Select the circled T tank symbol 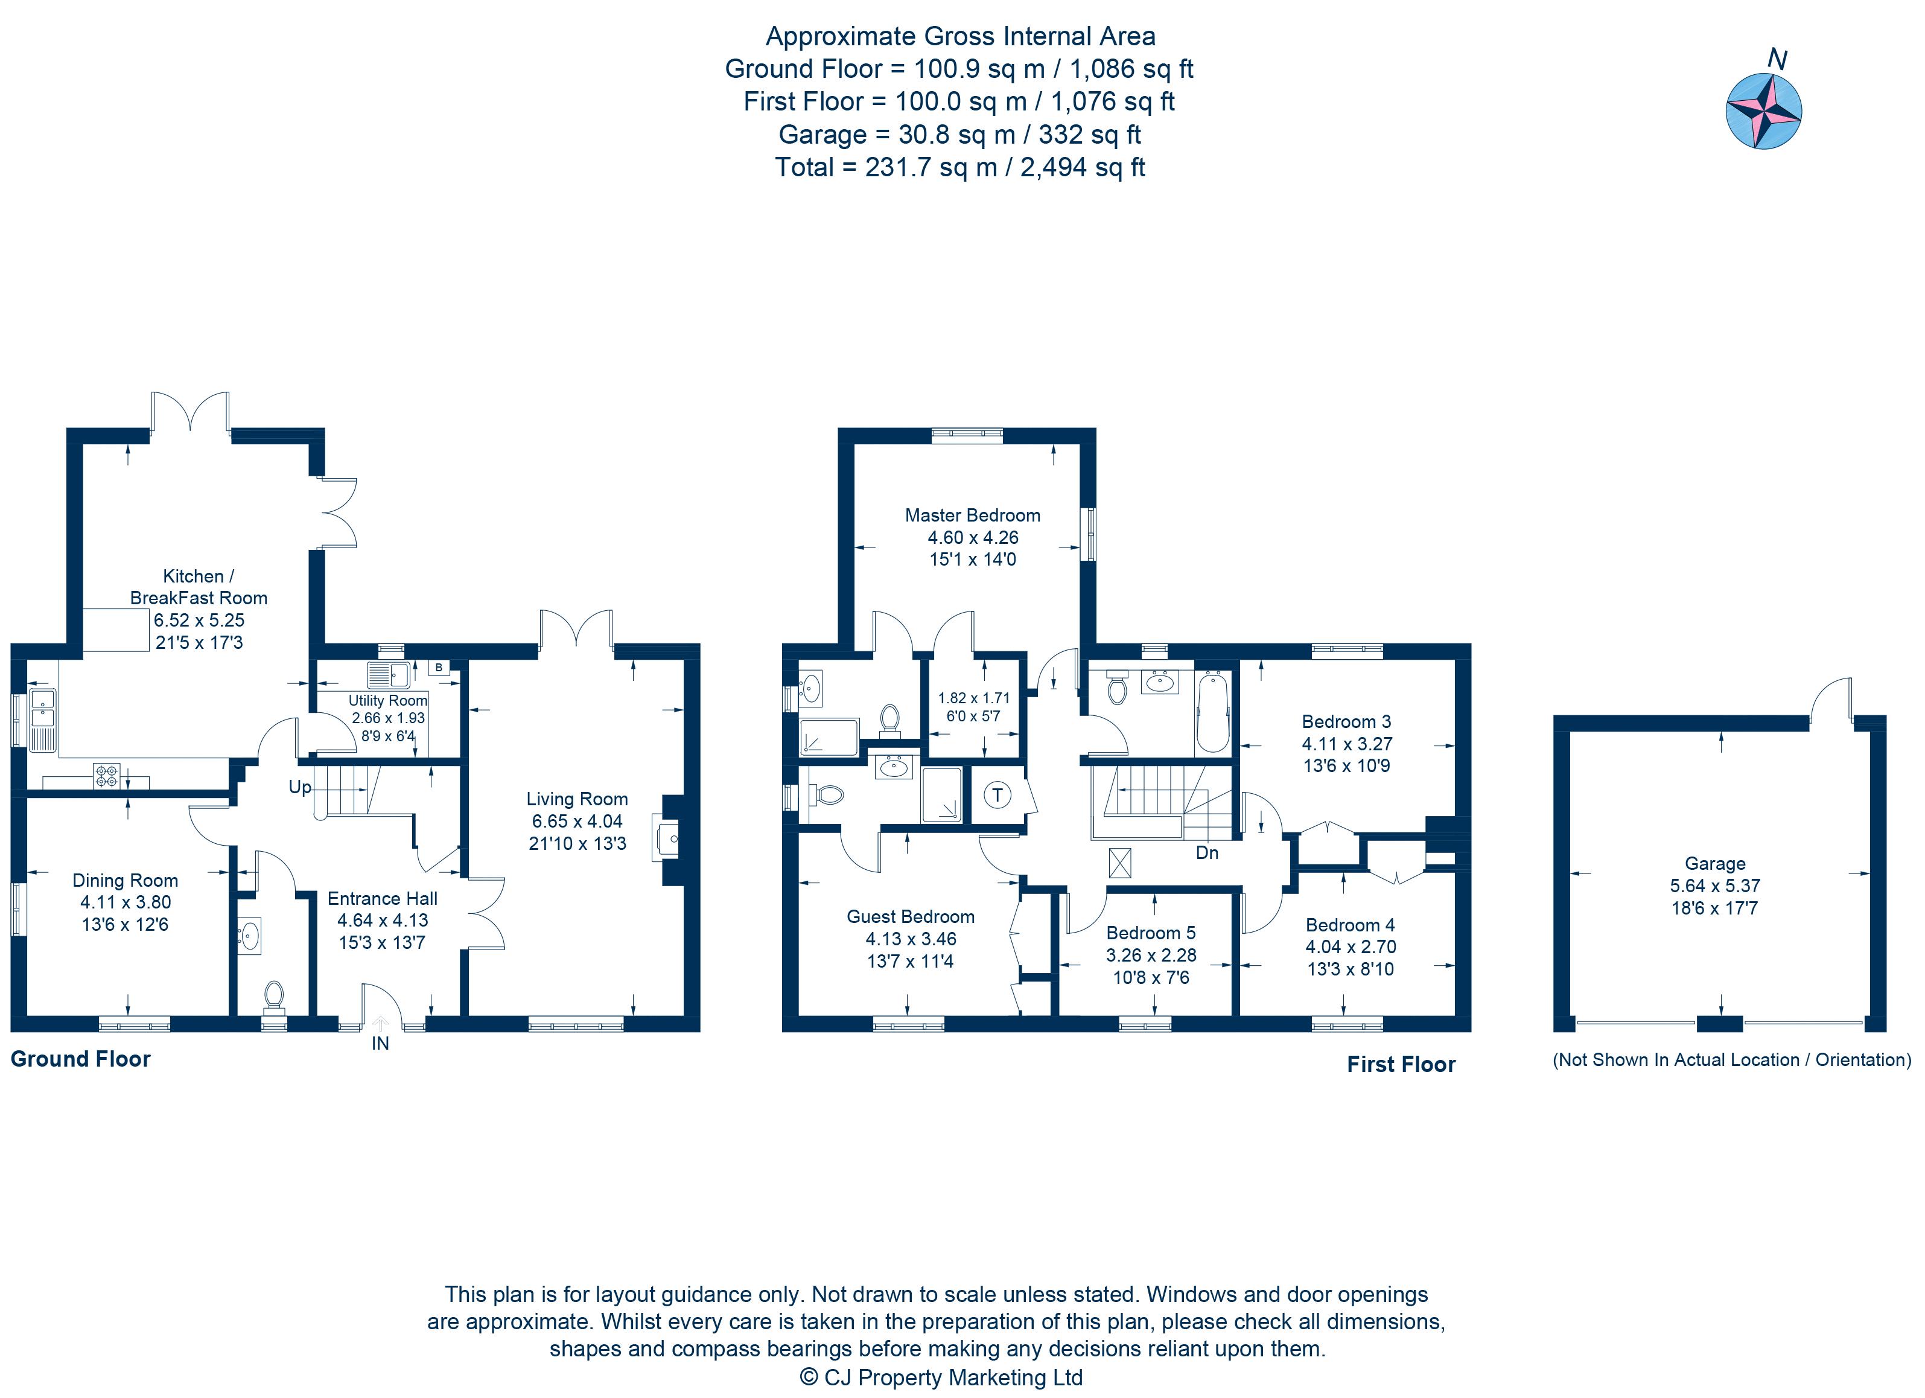coord(997,796)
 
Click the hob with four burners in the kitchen coord(107,775)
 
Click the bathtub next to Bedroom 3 coord(1213,711)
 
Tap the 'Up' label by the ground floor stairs coord(300,787)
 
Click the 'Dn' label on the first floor coord(1206,852)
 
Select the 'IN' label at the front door coord(380,1043)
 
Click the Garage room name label coord(1714,863)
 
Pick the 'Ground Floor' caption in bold coord(81,1059)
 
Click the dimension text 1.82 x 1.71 coord(973,698)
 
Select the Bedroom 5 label coord(1150,933)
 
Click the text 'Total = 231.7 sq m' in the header coord(959,167)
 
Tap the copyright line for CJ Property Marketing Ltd coord(941,1377)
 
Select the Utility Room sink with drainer coord(389,675)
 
